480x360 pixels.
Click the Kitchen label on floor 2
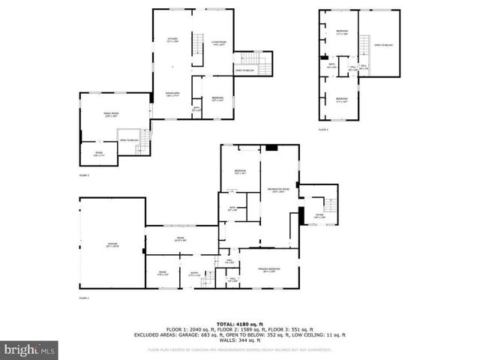(x=172, y=40)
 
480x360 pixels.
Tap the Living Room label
(x=219, y=43)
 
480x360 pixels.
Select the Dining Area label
(x=172, y=94)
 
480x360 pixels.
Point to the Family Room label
(x=112, y=114)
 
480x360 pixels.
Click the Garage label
(x=112, y=245)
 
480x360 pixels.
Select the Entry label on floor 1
(x=193, y=274)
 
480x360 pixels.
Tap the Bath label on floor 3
(x=331, y=65)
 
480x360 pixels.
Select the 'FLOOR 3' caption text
(x=323, y=130)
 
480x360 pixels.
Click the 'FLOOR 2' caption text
(x=84, y=175)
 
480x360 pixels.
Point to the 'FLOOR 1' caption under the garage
(x=84, y=298)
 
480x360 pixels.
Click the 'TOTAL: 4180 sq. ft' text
(x=239, y=323)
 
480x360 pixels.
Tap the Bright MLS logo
(x=29, y=349)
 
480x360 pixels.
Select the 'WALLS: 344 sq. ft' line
(x=239, y=341)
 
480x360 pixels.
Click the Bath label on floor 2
(x=196, y=109)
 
